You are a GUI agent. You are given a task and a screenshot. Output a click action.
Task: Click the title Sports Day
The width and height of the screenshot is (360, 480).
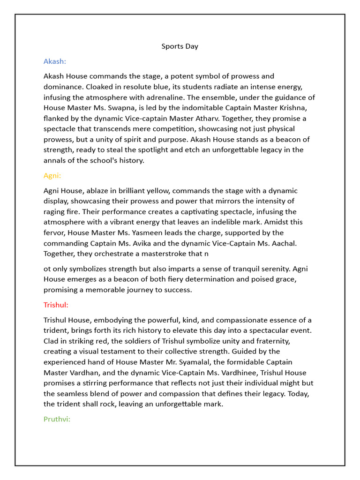pyautogui.click(x=180, y=46)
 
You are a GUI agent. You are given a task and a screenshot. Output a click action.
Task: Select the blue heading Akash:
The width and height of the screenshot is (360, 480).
pyautogui.click(x=55, y=61)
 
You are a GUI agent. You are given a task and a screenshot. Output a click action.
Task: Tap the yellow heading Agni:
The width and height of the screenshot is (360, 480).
pyautogui.click(x=52, y=176)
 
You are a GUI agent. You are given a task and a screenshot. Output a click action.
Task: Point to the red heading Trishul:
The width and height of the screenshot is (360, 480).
pyautogui.click(x=56, y=305)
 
